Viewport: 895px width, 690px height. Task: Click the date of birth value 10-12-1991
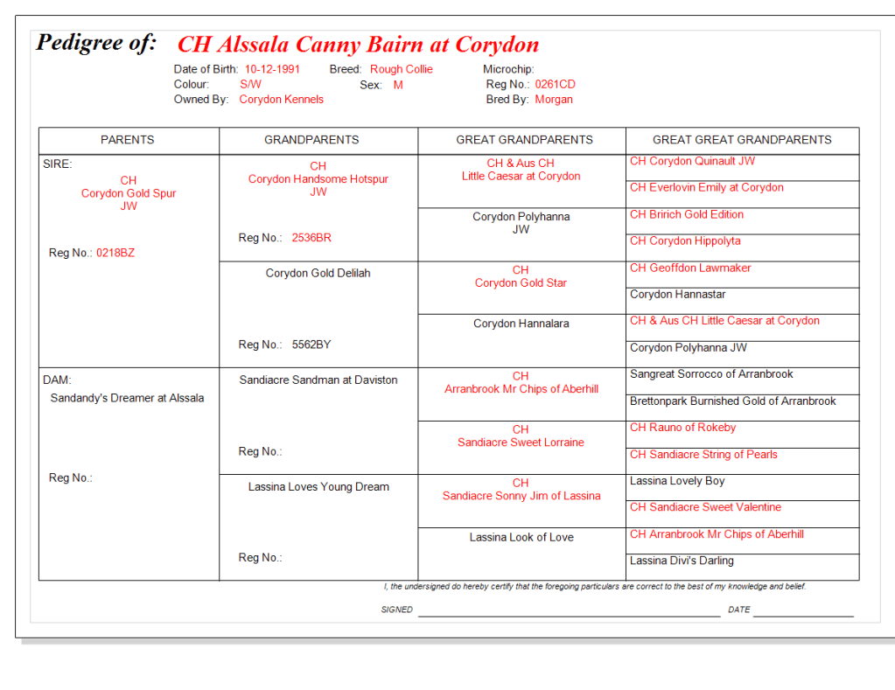272,69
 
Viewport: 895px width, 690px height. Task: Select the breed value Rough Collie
401,69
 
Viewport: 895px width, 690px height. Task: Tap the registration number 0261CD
555,85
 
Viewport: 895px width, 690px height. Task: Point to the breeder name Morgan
554,100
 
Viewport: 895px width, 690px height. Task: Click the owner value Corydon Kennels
281,100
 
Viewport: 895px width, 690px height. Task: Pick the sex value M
398,85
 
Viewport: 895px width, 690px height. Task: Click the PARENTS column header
128,140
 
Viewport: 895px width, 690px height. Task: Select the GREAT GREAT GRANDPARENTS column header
742,140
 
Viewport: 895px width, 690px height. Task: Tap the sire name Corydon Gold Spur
129,193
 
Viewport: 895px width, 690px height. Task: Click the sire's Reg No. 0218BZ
115,253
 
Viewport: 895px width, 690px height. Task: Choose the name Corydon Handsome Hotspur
318,179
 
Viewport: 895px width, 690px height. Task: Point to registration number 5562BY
311,345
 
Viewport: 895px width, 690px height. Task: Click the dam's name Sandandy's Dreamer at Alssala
127,398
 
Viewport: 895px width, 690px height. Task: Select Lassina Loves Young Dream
318,487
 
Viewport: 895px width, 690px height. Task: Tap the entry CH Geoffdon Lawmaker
690,268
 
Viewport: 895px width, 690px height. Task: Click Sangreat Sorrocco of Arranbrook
711,374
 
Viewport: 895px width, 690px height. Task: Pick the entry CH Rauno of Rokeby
682,428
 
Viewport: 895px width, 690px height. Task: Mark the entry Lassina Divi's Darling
682,561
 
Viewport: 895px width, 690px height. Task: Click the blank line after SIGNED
569,612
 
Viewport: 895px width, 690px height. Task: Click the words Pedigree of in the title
96,43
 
